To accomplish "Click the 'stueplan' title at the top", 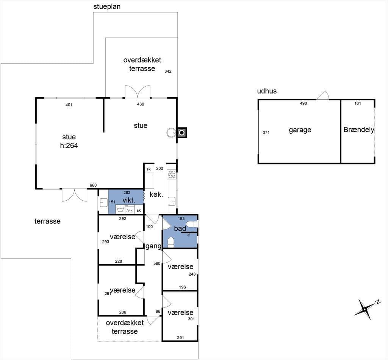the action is click(x=107, y=7).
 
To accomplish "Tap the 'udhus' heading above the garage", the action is click(x=267, y=91).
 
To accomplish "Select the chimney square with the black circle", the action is click(x=182, y=133).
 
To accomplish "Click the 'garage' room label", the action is click(x=300, y=130).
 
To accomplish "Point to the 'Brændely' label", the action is click(x=359, y=130).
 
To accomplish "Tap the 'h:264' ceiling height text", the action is click(x=69, y=145).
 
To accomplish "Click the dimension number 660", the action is click(x=93, y=185).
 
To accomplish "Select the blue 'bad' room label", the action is click(x=180, y=228).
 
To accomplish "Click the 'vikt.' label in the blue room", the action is click(x=129, y=200).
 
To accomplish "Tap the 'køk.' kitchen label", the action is click(x=156, y=194).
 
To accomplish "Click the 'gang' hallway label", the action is click(x=153, y=246).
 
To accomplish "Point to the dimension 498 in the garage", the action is click(x=304, y=103).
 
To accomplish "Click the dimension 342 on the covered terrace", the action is click(x=168, y=71).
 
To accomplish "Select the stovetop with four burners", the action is click(x=172, y=174).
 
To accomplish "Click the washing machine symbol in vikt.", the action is click(x=120, y=209).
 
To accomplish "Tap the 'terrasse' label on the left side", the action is click(x=47, y=221).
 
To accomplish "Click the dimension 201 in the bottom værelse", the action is click(x=180, y=338).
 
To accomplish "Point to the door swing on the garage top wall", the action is click(x=323, y=95).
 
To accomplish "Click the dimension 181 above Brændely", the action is click(x=358, y=103).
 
